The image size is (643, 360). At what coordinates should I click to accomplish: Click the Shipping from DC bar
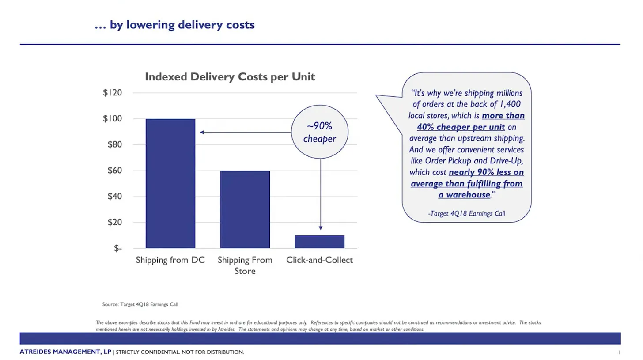pos(170,183)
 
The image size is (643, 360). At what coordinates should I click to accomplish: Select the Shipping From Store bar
pos(245,209)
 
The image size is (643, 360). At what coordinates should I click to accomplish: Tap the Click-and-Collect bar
pos(319,242)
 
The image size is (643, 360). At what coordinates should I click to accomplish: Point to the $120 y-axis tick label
pos(112,93)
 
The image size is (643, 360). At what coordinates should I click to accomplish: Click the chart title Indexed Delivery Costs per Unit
pos(230,77)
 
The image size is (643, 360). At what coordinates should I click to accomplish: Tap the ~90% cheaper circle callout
pos(320,132)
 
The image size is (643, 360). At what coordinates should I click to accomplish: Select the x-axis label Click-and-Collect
pos(319,260)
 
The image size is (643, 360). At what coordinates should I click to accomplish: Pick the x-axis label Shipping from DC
pos(170,260)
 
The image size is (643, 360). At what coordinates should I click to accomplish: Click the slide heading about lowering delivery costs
pos(174,25)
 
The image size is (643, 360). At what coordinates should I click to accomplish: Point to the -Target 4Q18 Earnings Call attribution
pos(466,213)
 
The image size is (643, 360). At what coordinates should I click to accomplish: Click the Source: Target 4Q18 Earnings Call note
pos(140,304)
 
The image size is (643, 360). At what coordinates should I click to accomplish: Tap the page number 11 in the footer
pos(618,352)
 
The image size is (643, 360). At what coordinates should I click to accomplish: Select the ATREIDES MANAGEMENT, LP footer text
pos(65,352)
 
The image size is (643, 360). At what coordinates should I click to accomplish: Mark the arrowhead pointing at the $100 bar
pos(202,132)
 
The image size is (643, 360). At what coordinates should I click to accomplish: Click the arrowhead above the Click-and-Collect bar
pos(321,228)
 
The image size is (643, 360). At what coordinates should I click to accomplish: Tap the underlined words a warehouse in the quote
pos(464,195)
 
